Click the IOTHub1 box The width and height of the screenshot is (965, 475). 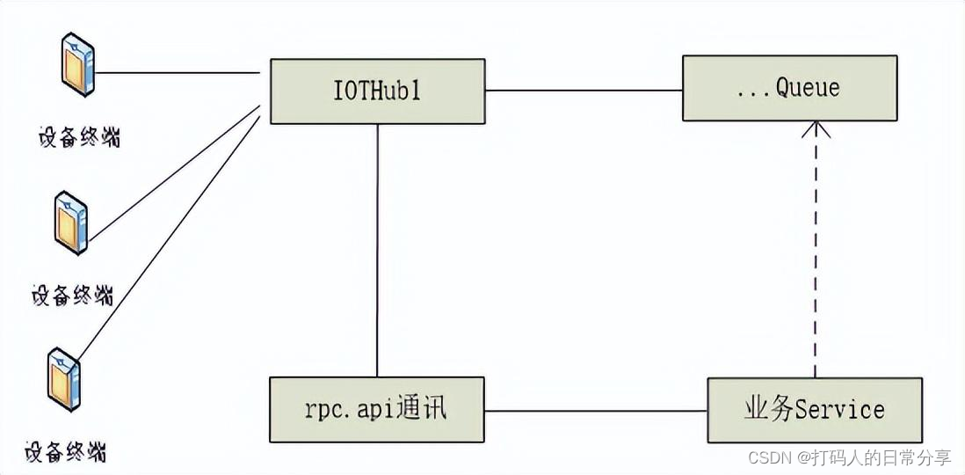pyautogui.click(x=377, y=91)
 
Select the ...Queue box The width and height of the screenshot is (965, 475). pyautogui.click(x=790, y=88)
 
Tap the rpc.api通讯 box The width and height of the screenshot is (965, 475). pyautogui.click(x=377, y=410)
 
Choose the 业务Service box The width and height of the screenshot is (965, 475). pyautogui.click(x=815, y=410)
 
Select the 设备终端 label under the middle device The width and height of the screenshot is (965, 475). pyautogui.click(x=72, y=296)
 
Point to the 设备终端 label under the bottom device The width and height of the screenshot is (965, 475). pyautogui.click(x=66, y=453)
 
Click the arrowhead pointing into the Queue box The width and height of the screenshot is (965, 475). pyautogui.click(x=816, y=130)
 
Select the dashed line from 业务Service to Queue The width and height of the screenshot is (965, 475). pyautogui.click(x=816, y=255)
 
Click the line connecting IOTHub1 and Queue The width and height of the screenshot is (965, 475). pyautogui.click(x=584, y=90)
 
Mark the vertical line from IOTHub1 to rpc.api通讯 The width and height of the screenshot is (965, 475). pyautogui.click(x=377, y=251)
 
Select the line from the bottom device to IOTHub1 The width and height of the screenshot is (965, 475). pyautogui.click(x=167, y=237)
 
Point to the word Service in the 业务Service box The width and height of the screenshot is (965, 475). pyautogui.click(x=839, y=410)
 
